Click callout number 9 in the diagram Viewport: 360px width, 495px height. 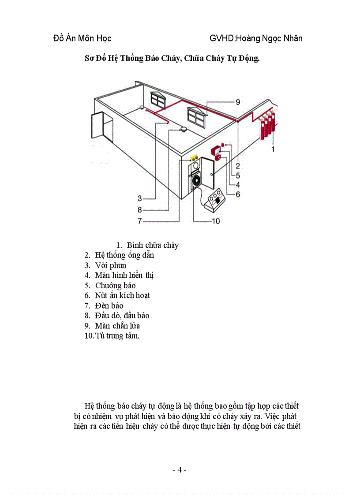click(x=237, y=102)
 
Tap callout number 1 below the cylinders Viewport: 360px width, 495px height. click(x=273, y=149)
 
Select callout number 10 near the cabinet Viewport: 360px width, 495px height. click(x=216, y=221)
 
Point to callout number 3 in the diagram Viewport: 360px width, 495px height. click(x=139, y=198)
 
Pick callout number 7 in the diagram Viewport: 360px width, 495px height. click(x=139, y=221)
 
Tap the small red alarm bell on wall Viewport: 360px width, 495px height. click(x=223, y=145)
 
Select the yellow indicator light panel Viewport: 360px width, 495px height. click(x=194, y=157)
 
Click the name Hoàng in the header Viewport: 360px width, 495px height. click(x=250, y=38)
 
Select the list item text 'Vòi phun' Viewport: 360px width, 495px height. click(x=111, y=265)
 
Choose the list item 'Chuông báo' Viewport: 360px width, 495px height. click(x=116, y=286)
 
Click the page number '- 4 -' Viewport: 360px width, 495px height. click(x=180, y=470)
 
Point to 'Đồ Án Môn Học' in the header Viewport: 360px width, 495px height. click(x=82, y=38)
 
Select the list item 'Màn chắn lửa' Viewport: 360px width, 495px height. click(x=117, y=326)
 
